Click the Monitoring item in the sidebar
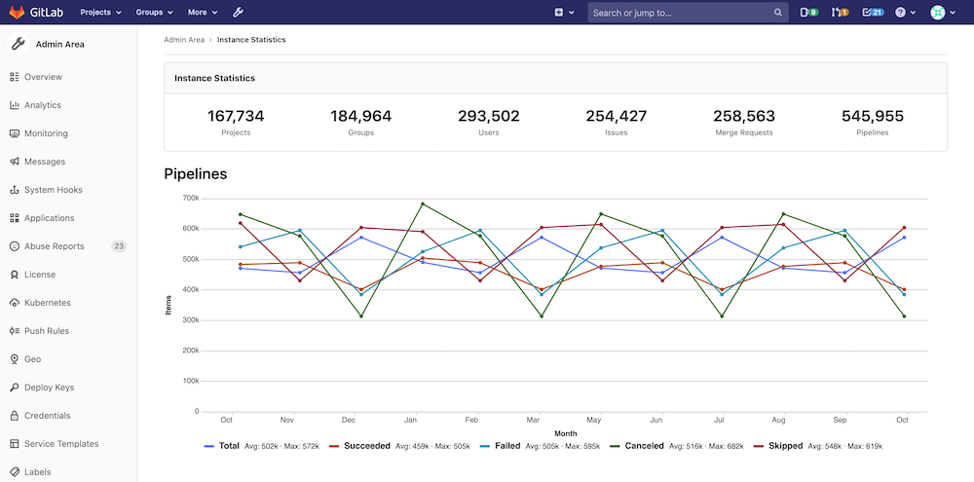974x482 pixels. (x=46, y=133)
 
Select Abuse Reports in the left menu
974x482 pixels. (x=54, y=246)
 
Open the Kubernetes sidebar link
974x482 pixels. (x=47, y=303)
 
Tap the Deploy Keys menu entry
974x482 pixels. (x=49, y=388)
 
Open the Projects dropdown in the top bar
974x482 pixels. (x=100, y=13)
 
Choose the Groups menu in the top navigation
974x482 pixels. (x=154, y=13)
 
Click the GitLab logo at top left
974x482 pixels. (x=36, y=13)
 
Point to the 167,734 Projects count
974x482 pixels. (x=236, y=116)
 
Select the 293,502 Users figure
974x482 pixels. (x=489, y=116)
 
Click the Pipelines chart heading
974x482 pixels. (x=195, y=174)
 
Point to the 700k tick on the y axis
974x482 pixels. (x=190, y=199)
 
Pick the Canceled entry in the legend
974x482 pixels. (x=643, y=446)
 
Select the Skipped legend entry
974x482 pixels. (x=784, y=446)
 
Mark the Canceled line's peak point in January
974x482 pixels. (x=422, y=204)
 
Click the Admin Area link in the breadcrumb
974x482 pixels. (x=184, y=40)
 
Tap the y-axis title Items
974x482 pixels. (x=168, y=305)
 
